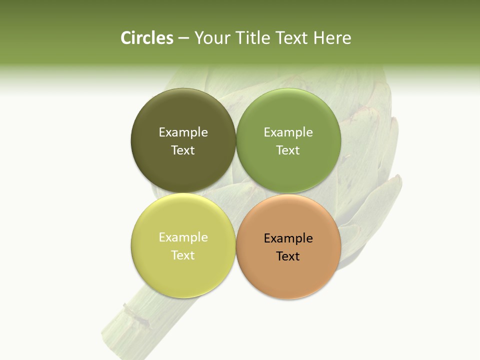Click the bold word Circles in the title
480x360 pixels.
[x=147, y=38]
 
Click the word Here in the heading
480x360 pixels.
[x=332, y=38]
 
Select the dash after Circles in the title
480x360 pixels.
[x=183, y=38]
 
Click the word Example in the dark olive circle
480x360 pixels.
[x=183, y=132]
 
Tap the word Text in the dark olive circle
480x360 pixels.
[x=183, y=150]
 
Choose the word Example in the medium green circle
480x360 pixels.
[x=288, y=132]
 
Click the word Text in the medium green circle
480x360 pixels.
[x=288, y=150]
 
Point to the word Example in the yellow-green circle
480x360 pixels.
[x=183, y=237]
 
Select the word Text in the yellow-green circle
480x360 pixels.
[x=183, y=255]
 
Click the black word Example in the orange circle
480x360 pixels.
[x=288, y=238]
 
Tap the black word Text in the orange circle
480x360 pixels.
[x=288, y=256]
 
